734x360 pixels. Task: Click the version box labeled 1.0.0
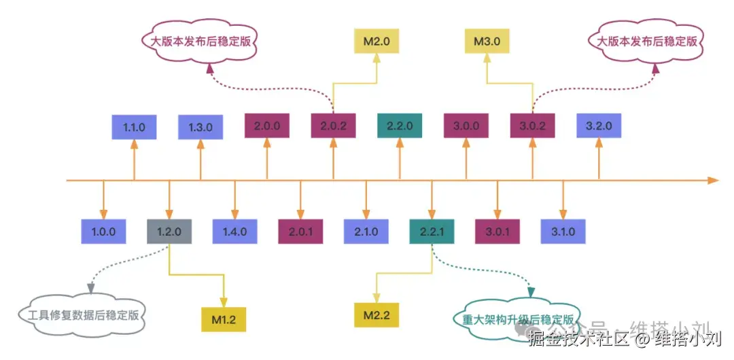tap(103, 232)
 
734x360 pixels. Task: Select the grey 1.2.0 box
tap(169, 232)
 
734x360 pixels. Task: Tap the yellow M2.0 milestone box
tap(377, 41)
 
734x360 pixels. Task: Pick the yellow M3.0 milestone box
tap(487, 41)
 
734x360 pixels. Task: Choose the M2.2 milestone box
tap(377, 314)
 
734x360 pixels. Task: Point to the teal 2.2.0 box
tap(400, 126)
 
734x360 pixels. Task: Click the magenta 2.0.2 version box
tap(333, 126)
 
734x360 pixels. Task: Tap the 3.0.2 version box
tap(533, 126)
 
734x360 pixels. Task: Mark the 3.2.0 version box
tap(599, 126)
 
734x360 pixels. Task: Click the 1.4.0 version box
tap(235, 232)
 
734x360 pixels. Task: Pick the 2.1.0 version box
tap(366, 232)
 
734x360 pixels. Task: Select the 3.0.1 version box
tap(497, 232)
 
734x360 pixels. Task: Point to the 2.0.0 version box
tap(267, 126)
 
